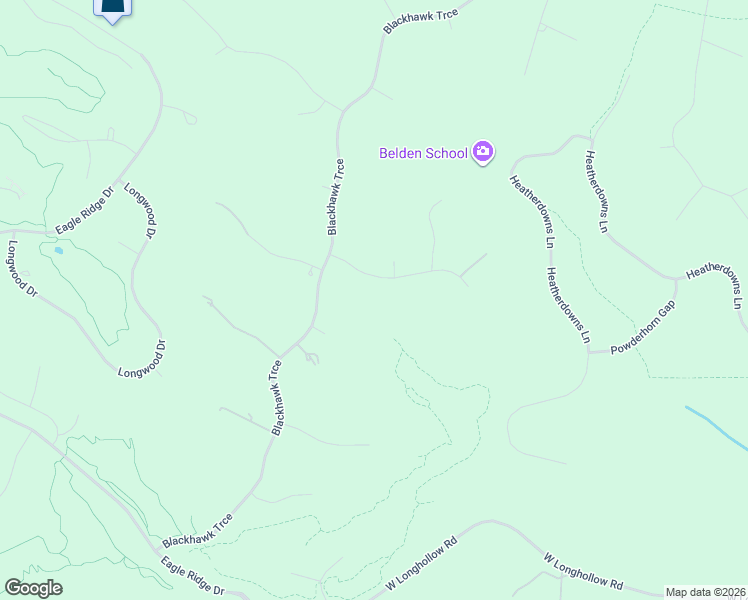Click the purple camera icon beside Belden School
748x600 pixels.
(483, 152)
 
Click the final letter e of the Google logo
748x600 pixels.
(57, 589)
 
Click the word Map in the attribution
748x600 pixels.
(678, 592)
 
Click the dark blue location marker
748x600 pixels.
(113, 8)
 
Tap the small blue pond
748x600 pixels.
(58, 250)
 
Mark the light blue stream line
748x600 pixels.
(716, 427)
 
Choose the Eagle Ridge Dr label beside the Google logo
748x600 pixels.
(193, 576)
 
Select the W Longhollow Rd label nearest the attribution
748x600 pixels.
(583, 570)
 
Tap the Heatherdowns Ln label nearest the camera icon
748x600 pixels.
(531, 211)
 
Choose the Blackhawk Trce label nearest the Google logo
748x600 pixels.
(198, 531)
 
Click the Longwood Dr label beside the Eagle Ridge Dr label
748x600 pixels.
(142, 210)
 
